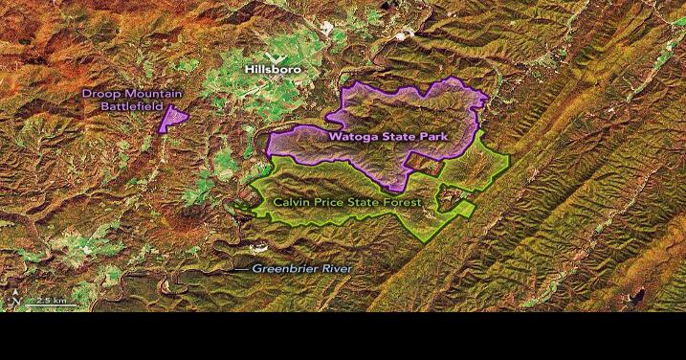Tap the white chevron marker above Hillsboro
point(271,57)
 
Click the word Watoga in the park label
point(353,137)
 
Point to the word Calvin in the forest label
point(295,203)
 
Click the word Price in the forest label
point(337,203)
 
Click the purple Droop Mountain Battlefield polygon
point(173,119)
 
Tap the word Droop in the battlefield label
point(100,93)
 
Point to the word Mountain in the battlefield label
point(146,93)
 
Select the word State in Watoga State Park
point(397,137)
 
